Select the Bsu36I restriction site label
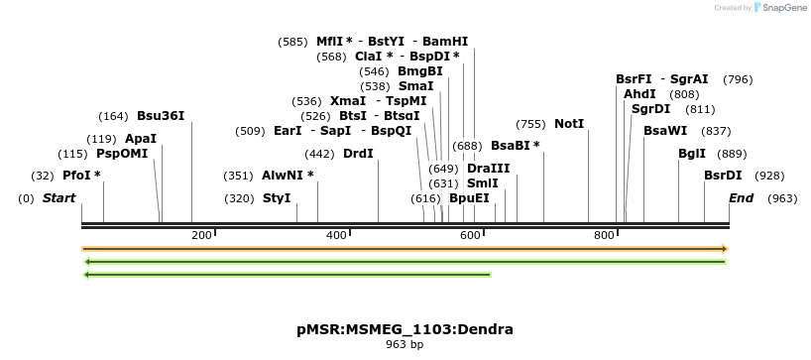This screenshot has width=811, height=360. [x=161, y=116]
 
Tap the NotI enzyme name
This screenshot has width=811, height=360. [x=569, y=124]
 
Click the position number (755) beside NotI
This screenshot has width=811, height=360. [x=530, y=124]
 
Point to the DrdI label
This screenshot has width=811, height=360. [x=358, y=154]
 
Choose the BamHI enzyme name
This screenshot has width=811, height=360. [x=445, y=42]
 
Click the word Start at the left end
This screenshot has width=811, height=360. [x=58, y=198]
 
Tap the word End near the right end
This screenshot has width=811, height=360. [x=741, y=198]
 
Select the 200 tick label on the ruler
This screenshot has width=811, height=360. [x=201, y=235]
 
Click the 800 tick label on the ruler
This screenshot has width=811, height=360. [x=604, y=235]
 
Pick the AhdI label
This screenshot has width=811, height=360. [x=639, y=94]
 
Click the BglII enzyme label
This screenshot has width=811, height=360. [x=691, y=154]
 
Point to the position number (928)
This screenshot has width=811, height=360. [x=769, y=176]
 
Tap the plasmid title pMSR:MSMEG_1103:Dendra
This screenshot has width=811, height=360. [x=405, y=328]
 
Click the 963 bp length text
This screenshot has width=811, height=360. [x=405, y=345]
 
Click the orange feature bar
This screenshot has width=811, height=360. [x=405, y=248]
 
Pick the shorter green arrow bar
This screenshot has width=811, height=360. [x=288, y=274]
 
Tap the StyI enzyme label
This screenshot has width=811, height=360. [x=277, y=198]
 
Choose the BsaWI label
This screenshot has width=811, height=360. [x=664, y=131]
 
